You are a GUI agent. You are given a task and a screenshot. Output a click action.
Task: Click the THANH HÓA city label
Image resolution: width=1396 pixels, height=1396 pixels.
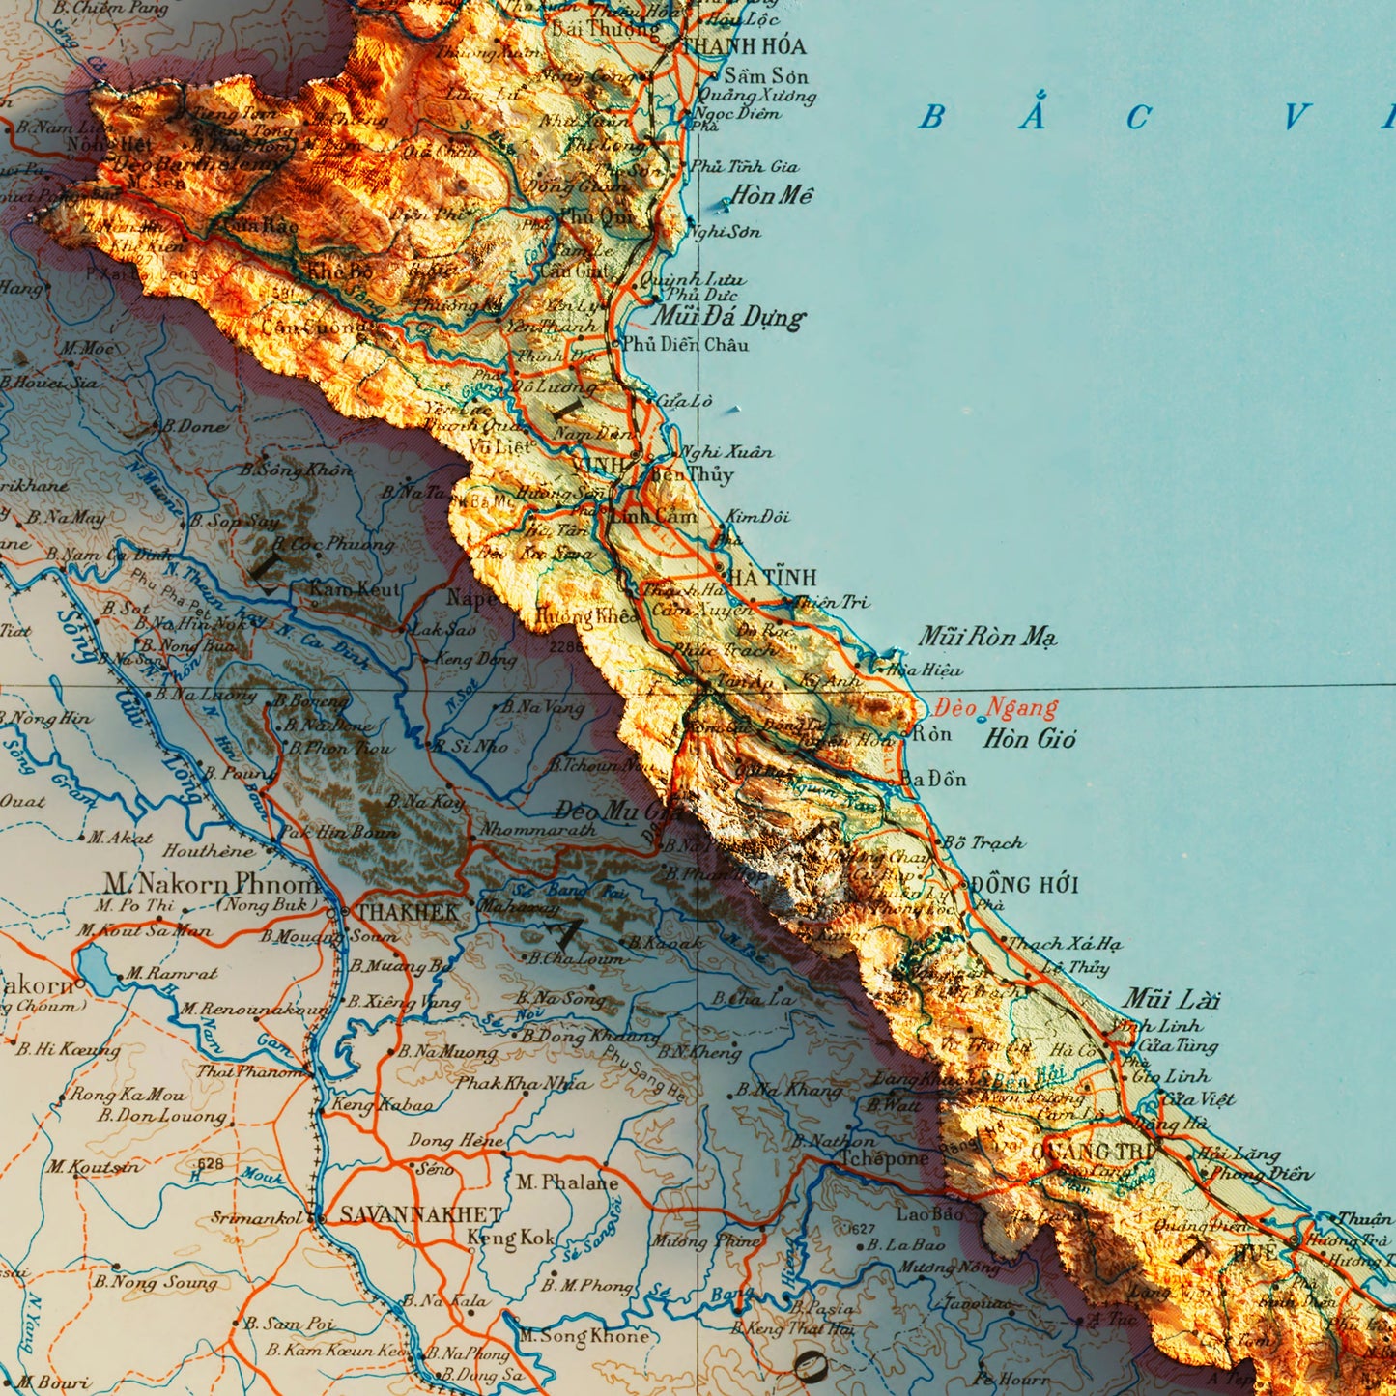pos(743,45)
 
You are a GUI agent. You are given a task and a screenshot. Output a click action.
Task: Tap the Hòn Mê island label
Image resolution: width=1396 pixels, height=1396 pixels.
pos(771,195)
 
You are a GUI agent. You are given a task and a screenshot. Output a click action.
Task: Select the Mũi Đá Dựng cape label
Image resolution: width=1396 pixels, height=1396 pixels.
pos(727,316)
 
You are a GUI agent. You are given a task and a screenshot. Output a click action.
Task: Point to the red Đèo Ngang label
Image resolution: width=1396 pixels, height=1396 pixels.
pos(997,707)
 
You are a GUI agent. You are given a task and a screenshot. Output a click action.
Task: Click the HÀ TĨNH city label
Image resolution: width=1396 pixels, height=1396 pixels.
pos(771,577)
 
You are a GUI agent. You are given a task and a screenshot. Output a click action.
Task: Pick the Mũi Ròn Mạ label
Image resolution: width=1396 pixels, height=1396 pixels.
pos(986,637)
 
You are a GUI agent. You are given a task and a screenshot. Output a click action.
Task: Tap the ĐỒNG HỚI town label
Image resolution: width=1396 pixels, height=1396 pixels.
pos(1024,884)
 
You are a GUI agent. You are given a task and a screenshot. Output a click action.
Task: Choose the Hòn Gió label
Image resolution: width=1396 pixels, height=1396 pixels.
pos(1029,739)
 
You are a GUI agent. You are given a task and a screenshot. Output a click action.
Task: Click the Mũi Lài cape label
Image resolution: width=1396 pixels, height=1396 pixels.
pos(1171,999)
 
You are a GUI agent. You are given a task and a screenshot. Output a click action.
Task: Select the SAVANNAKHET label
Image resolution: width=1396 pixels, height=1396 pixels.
pos(420,1214)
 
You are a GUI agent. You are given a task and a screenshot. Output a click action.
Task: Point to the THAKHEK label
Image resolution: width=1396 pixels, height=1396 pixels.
pos(408,912)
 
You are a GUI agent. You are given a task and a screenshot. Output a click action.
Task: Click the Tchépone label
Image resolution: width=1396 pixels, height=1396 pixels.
pos(883,1158)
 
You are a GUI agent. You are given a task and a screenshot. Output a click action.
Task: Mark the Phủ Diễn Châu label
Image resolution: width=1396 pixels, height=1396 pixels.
pos(685,344)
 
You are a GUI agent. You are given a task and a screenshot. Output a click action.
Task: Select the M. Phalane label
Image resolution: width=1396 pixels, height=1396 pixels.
pos(566,1182)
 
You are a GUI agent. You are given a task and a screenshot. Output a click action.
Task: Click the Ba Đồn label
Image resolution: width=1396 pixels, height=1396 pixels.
pos(932,779)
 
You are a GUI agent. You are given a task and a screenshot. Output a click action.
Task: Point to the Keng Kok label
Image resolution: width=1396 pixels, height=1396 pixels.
pos(511,1237)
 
